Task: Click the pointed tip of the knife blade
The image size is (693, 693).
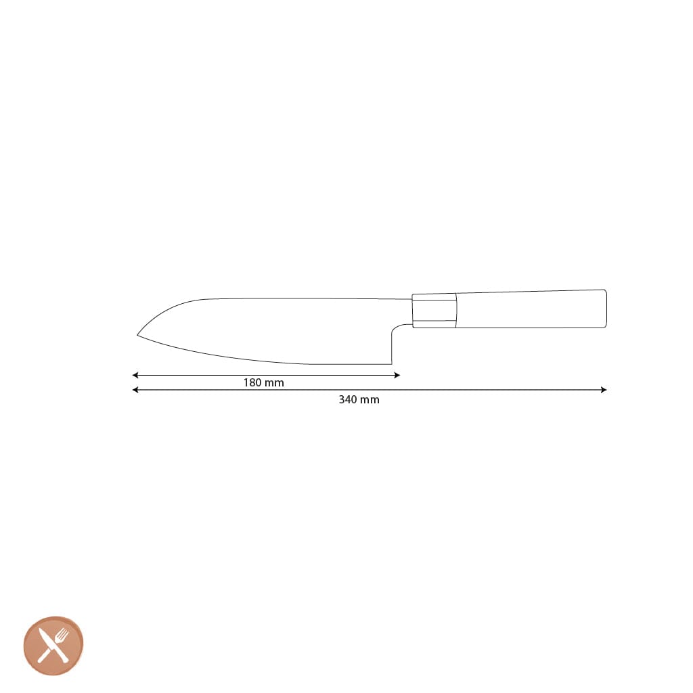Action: (138, 334)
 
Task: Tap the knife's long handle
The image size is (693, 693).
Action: (531, 309)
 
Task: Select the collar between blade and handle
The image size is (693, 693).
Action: (434, 311)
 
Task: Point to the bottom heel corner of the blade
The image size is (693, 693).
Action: (392, 363)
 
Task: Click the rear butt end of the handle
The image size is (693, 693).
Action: (605, 309)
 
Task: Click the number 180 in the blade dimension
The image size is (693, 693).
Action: (252, 383)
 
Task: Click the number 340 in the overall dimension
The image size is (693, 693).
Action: (348, 400)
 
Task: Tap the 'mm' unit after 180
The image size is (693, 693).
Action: (274, 383)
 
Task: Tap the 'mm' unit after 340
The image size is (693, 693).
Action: (370, 400)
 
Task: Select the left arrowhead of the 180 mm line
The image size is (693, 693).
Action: (135, 375)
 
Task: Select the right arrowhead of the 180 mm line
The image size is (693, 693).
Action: (397, 375)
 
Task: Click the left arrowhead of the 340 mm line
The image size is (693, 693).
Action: (135, 390)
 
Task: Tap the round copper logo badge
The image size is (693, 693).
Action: (53, 646)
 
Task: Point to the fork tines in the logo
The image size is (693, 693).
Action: (63, 635)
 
